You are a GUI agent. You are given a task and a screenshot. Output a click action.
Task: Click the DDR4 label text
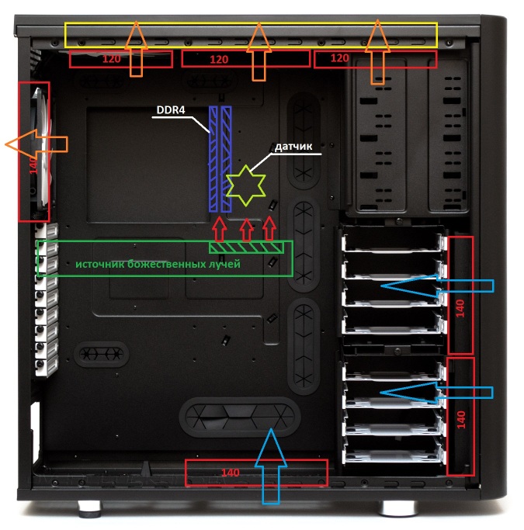(x=171, y=110)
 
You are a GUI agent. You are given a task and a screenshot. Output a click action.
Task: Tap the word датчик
(x=293, y=147)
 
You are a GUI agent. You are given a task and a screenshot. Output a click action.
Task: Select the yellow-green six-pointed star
(x=246, y=185)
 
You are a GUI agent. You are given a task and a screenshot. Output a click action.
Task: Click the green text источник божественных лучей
(x=158, y=264)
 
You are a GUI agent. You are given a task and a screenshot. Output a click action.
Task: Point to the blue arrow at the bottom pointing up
(x=271, y=466)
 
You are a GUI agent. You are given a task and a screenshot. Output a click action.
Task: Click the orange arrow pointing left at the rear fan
(x=36, y=144)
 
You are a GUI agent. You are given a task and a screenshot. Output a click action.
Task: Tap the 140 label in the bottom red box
(x=231, y=473)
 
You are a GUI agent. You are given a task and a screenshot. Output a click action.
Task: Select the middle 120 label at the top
(x=219, y=60)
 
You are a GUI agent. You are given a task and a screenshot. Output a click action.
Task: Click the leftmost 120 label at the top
(x=111, y=59)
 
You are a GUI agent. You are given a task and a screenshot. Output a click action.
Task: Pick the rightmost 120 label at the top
(x=339, y=58)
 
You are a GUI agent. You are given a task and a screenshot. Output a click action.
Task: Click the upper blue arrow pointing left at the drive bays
(x=438, y=286)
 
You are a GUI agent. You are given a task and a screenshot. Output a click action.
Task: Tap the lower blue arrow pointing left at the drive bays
(x=437, y=393)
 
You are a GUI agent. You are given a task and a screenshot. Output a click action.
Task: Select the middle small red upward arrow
(x=246, y=230)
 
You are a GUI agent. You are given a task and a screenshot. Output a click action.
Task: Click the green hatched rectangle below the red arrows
(x=246, y=248)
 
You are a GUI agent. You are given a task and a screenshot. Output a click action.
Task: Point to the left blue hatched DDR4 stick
(x=213, y=159)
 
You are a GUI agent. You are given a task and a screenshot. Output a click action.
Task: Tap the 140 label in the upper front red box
(x=460, y=308)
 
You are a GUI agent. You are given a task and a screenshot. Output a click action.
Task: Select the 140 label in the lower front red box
(x=461, y=419)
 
